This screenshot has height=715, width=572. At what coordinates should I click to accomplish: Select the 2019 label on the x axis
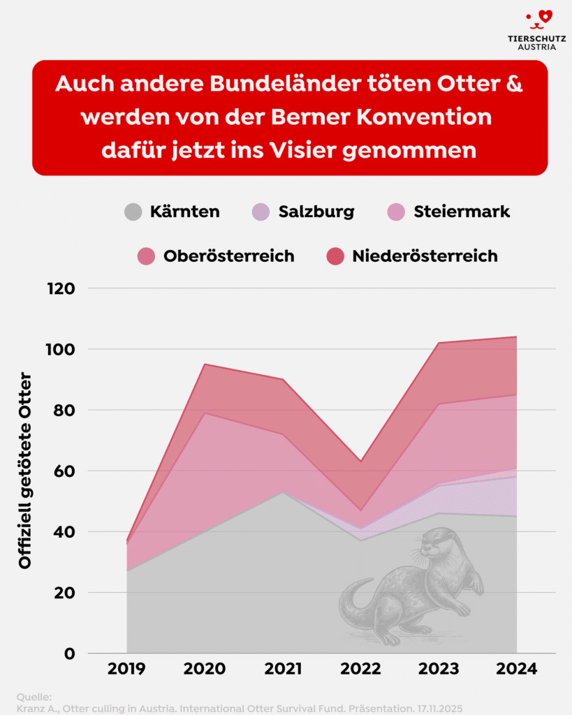click(x=127, y=669)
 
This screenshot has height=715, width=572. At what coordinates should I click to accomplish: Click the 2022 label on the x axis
click(x=361, y=669)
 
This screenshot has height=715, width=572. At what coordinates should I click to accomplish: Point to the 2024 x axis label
click(x=516, y=669)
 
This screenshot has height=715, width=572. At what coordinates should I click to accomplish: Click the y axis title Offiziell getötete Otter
click(x=26, y=471)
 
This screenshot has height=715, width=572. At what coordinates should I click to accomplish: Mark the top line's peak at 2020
click(x=205, y=364)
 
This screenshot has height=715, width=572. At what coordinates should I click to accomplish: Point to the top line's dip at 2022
click(x=361, y=462)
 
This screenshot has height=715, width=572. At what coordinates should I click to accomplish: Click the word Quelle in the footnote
click(x=34, y=697)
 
